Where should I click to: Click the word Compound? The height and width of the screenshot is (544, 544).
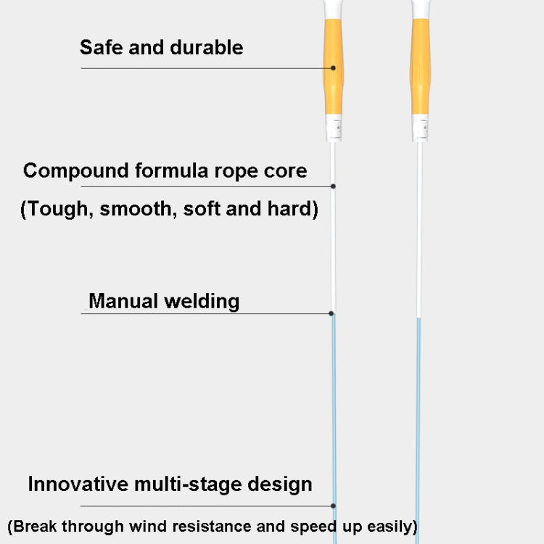(76, 171)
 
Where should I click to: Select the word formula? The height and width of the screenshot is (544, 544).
(173, 171)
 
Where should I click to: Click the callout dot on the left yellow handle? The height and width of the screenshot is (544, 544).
(334, 68)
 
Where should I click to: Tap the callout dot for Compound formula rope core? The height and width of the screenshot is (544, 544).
(334, 186)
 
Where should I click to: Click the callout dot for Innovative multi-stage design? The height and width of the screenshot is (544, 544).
(334, 506)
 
